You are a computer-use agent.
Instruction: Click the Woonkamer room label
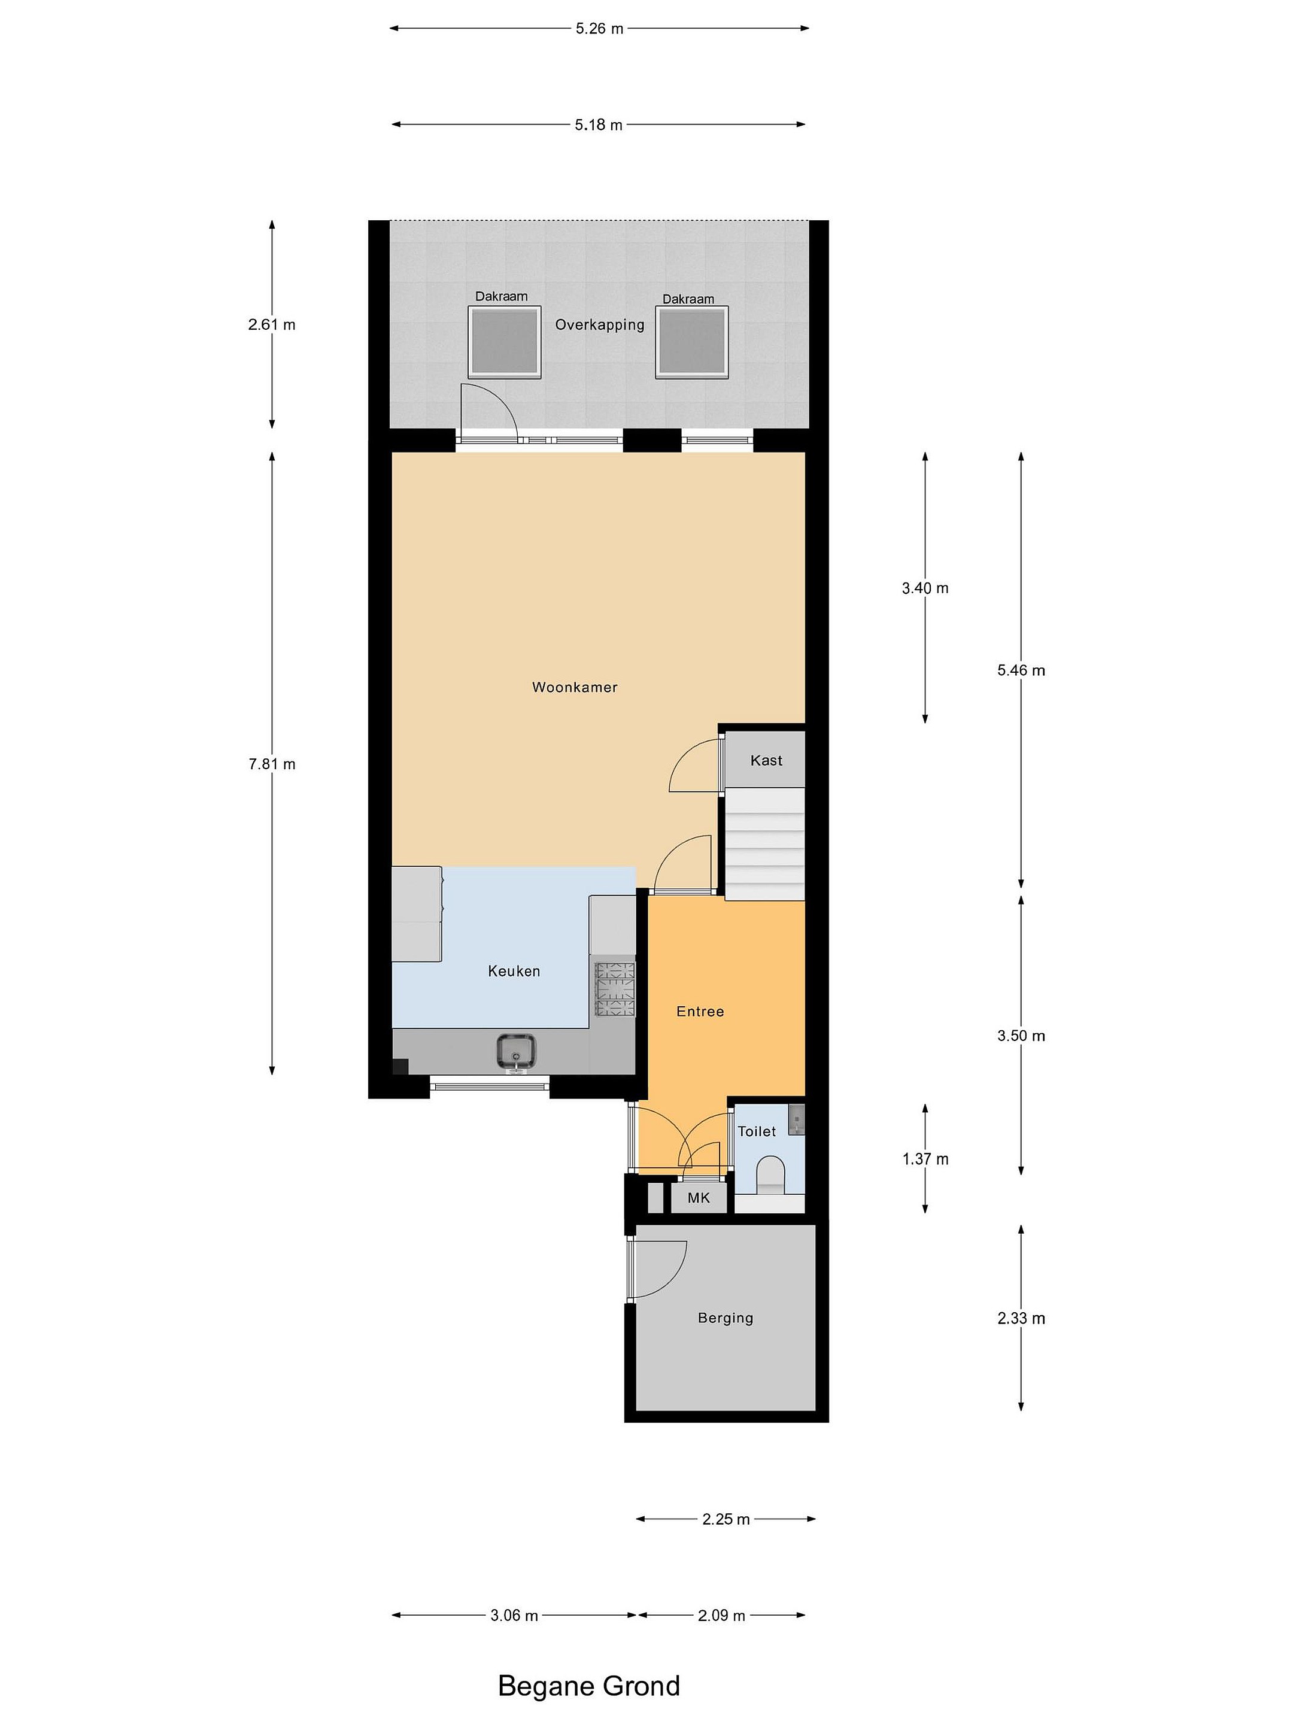575,687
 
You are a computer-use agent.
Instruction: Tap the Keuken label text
514,970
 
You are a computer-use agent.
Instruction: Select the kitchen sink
516,1052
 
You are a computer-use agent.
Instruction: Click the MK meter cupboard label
699,1197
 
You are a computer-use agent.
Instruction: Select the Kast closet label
766,760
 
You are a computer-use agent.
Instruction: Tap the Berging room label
725,1318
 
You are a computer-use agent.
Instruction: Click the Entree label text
700,1011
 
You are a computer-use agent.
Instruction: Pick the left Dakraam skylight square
504,342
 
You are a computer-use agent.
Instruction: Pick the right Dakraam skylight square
691,342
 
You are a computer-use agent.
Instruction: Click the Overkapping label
599,324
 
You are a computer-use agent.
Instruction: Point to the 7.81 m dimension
272,764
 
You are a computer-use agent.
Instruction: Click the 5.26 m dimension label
599,29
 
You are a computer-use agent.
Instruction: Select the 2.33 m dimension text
1021,1318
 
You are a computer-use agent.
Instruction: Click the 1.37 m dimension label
925,1159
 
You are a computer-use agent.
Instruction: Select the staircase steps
764,844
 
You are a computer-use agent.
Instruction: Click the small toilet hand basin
795,1118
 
